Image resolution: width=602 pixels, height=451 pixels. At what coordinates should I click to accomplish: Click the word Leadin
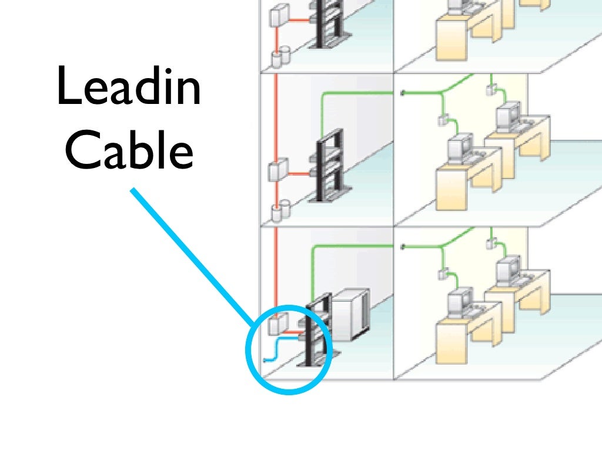129,87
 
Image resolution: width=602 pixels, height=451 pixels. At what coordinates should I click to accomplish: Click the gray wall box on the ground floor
277,323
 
